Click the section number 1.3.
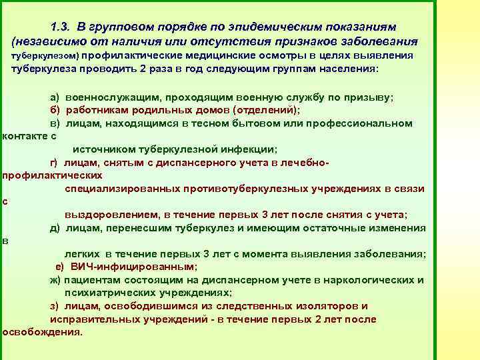[61, 27]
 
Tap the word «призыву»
[373, 98]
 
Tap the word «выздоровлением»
[111, 215]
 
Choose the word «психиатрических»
[111, 293]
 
